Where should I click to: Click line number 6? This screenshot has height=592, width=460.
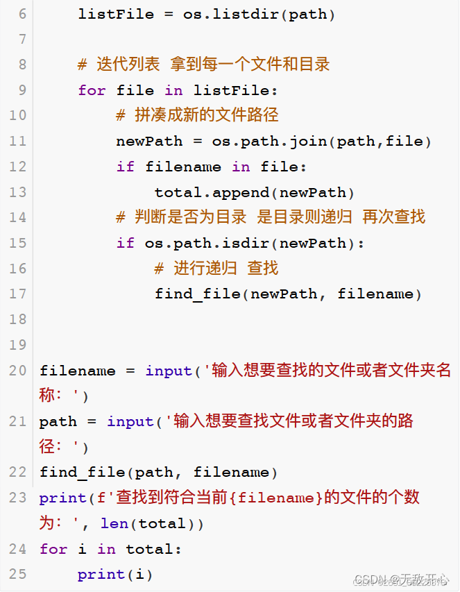23,15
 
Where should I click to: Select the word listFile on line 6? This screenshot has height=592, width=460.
117,15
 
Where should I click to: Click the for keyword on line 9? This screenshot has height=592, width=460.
92,91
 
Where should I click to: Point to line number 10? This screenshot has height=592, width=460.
18,115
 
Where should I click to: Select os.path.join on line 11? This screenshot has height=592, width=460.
270,141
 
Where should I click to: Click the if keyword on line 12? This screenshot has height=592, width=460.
126,167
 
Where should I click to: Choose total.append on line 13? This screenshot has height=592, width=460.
212,192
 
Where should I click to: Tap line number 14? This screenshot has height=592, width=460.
18,217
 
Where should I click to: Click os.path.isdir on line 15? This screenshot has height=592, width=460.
207,243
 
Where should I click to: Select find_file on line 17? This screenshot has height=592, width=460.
198,294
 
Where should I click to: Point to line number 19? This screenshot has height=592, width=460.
18,345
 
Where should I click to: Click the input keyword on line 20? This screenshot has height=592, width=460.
169,371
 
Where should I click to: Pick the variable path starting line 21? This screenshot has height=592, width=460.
58,422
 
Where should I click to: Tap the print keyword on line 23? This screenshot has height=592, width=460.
63,498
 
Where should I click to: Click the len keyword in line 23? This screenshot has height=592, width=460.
114,524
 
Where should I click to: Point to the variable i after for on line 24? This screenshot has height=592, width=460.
83,548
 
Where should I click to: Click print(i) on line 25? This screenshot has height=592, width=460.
115,575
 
